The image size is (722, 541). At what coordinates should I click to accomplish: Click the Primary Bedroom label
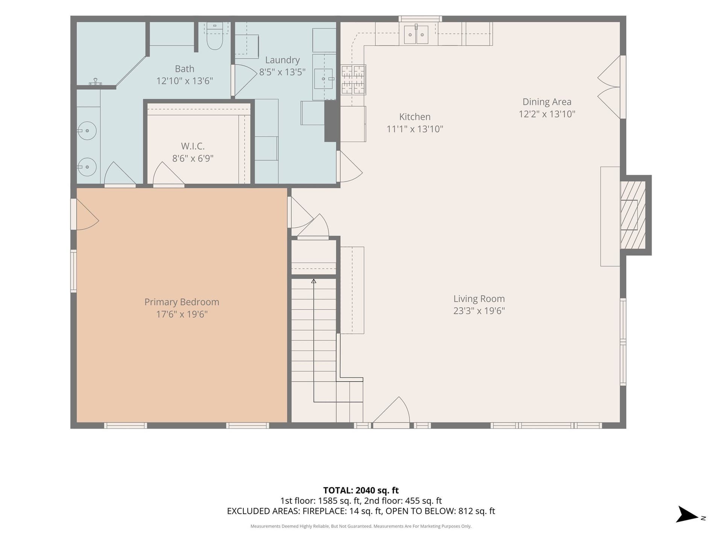(x=182, y=302)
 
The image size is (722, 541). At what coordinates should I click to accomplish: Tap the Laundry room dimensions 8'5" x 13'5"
(x=282, y=72)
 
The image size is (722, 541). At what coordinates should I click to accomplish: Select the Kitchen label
(x=415, y=117)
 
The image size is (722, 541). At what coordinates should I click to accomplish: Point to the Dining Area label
(x=547, y=102)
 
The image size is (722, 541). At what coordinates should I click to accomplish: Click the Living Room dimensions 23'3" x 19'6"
(x=479, y=311)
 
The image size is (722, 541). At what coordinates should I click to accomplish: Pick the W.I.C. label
(x=193, y=146)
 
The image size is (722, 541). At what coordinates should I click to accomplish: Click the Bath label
(x=184, y=69)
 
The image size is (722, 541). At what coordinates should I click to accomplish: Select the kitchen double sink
(x=416, y=34)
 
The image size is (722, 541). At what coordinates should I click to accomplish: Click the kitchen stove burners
(x=353, y=80)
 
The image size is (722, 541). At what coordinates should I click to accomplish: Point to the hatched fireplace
(x=633, y=215)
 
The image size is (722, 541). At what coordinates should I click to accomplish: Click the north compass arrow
(x=687, y=514)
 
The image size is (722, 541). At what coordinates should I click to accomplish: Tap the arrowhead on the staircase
(x=314, y=281)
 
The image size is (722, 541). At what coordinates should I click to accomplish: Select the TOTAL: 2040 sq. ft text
(x=361, y=490)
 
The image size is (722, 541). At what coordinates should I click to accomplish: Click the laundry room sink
(x=324, y=79)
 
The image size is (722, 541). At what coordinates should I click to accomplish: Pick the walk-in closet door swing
(x=168, y=174)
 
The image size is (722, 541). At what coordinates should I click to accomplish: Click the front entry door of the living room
(x=391, y=412)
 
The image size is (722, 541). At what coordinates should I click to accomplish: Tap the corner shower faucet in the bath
(x=96, y=82)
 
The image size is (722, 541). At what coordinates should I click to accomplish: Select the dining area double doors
(x=609, y=87)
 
